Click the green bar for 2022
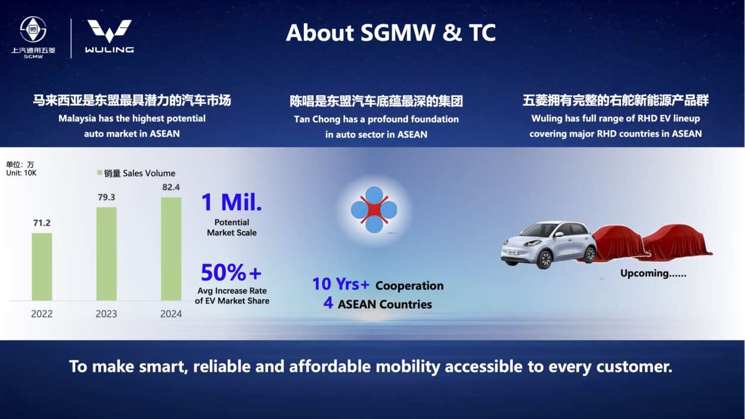[42, 267]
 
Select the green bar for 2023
[106, 254]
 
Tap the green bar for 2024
[171, 249]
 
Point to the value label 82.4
[171, 187]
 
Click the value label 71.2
[42, 223]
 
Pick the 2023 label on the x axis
[106, 314]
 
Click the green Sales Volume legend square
[99, 172]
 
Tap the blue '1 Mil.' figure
[232, 202]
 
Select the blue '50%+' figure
[231, 272]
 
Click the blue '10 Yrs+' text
[341, 284]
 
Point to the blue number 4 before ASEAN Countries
[328, 303]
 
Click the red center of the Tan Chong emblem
[374, 210]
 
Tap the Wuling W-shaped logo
[109, 31]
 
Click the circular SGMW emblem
[33, 30]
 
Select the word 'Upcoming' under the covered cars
[644, 274]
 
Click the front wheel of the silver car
[545, 259]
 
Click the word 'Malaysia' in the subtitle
[77, 119]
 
